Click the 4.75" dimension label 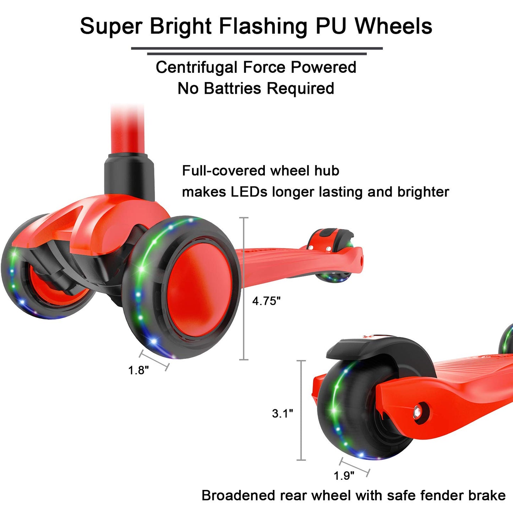[x=266, y=301]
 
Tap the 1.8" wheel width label [x=138, y=370]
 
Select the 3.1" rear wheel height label [x=283, y=413]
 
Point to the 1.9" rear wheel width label [x=344, y=475]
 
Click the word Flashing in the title [x=263, y=26]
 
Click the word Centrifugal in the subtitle [x=196, y=67]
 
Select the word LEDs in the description [x=249, y=192]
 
